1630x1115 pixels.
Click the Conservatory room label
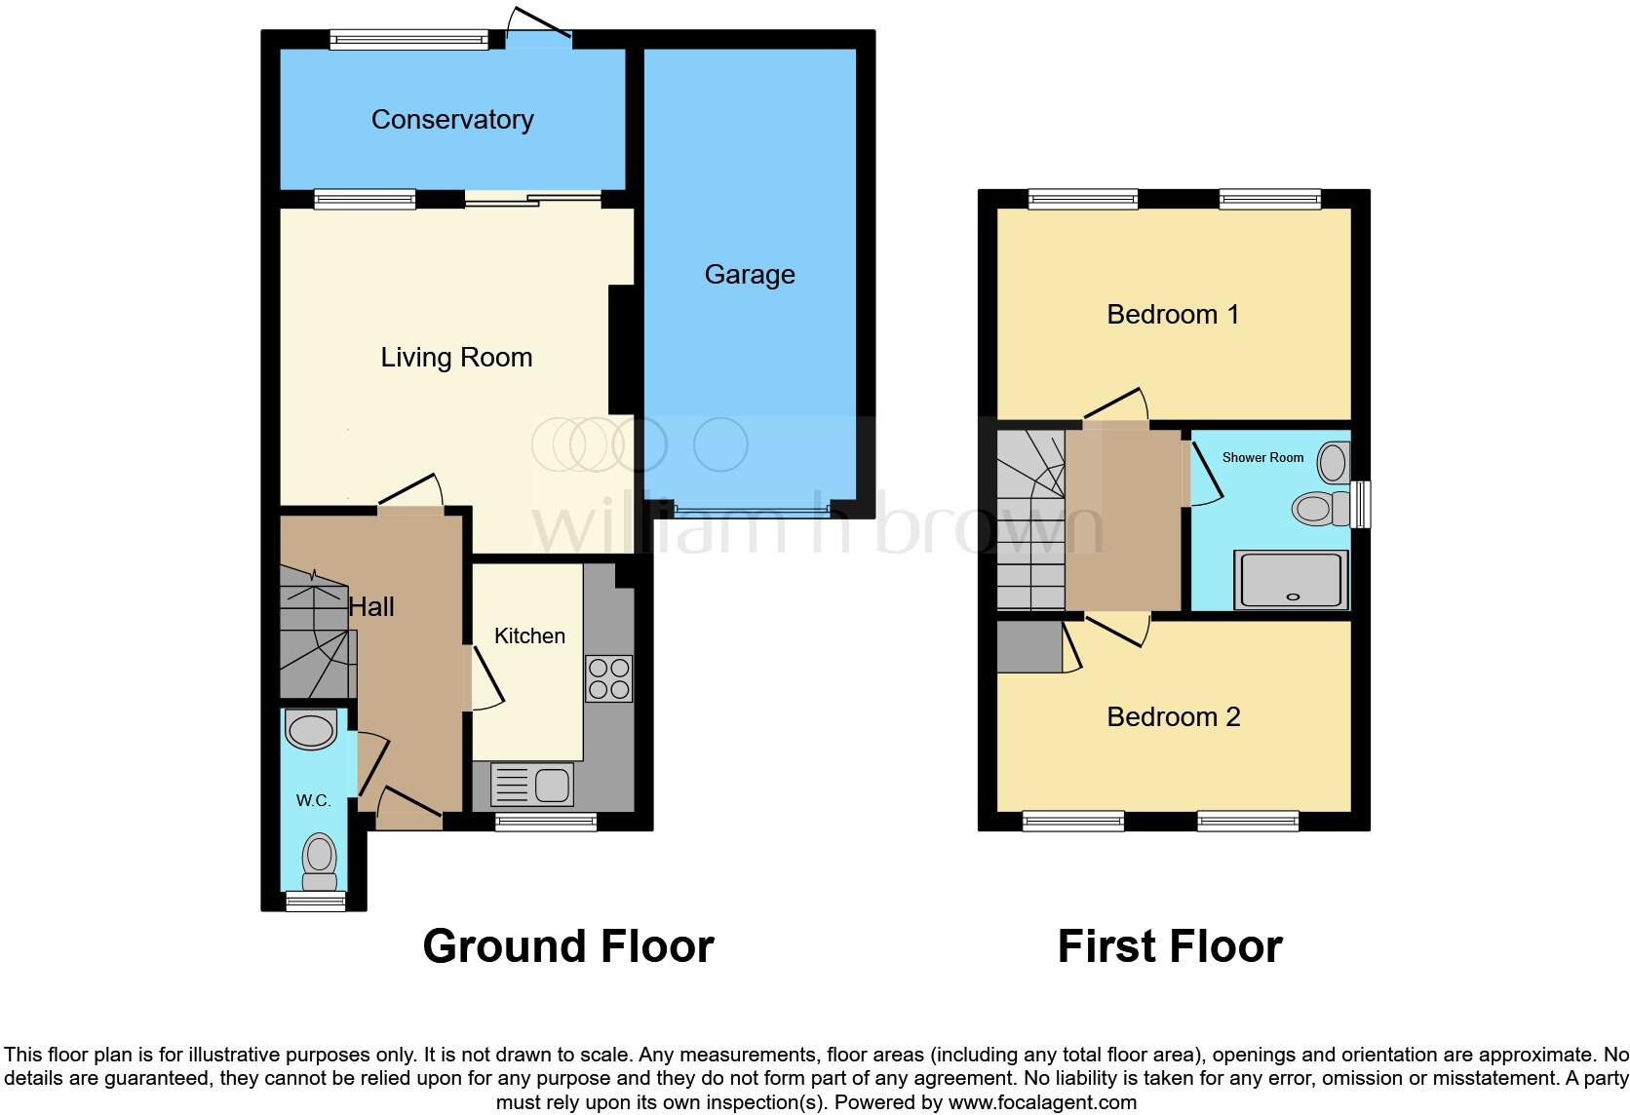[x=452, y=120]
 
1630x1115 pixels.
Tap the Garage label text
[x=750, y=275]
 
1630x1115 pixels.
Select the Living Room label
[x=456, y=358]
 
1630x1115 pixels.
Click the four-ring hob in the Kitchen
[x=608, y=679]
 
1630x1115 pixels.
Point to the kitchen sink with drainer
[x=532, y=785]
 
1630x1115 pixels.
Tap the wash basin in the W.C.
[x=311, y=730]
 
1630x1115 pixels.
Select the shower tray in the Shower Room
[x=1291, y=580]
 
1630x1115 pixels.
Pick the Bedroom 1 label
[x=1173, y=315]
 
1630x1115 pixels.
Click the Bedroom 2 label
[x=1173, y=717]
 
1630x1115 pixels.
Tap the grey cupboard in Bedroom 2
[x=1029, y=647]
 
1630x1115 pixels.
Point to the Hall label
[x=371, y=607]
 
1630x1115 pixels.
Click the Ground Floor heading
[x=568, y=946]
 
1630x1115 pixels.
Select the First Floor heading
[x=1169, y=946]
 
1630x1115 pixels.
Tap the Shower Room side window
[x=1361, y=504]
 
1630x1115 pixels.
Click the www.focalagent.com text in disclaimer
[x=1042, y=1103]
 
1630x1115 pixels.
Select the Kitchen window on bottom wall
[x=545, y=823]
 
